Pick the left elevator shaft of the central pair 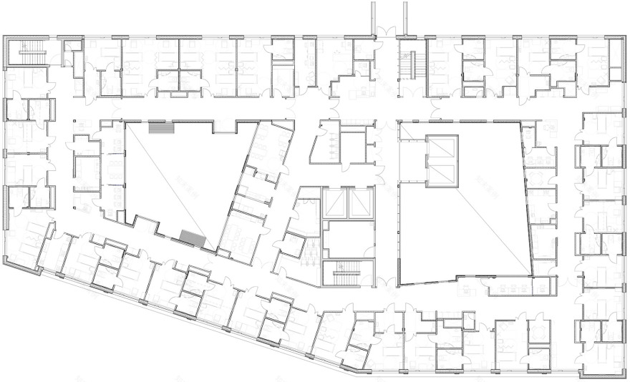tap(334, 204)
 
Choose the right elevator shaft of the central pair tap(361, 204)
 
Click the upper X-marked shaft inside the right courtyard tap(440, 147)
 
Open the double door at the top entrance tap(387, 33)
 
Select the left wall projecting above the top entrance tap(372, 16)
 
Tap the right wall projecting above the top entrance tap(405, 16)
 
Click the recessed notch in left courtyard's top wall tap(223, 127)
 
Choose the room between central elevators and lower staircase tap(347, 240)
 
